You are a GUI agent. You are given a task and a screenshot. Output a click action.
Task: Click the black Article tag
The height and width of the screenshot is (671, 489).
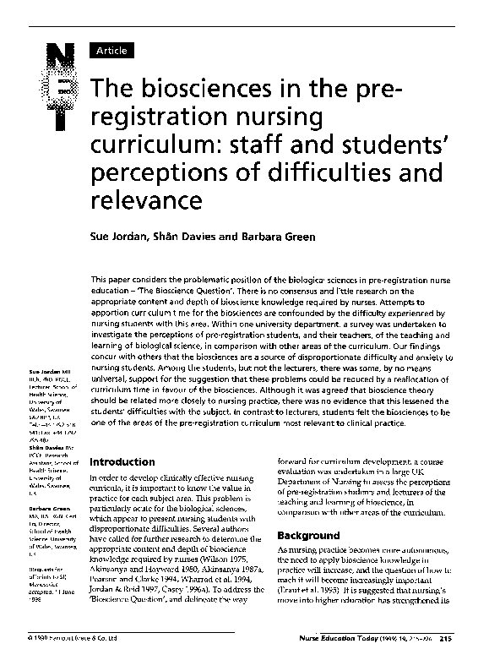[x=111, y=51]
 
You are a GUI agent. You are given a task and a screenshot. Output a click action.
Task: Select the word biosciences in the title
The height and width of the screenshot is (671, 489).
[x=196, y=89]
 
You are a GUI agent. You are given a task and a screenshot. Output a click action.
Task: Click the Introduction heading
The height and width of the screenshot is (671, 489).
[x=122, y=462]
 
